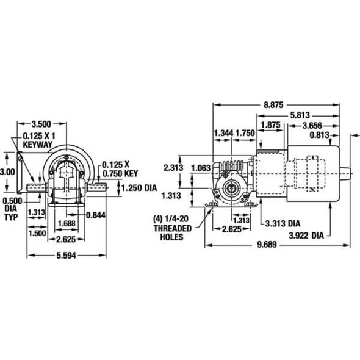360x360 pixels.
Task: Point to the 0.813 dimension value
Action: click(x=325, y=135)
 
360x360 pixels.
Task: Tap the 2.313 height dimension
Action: click(x=171, y=168)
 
